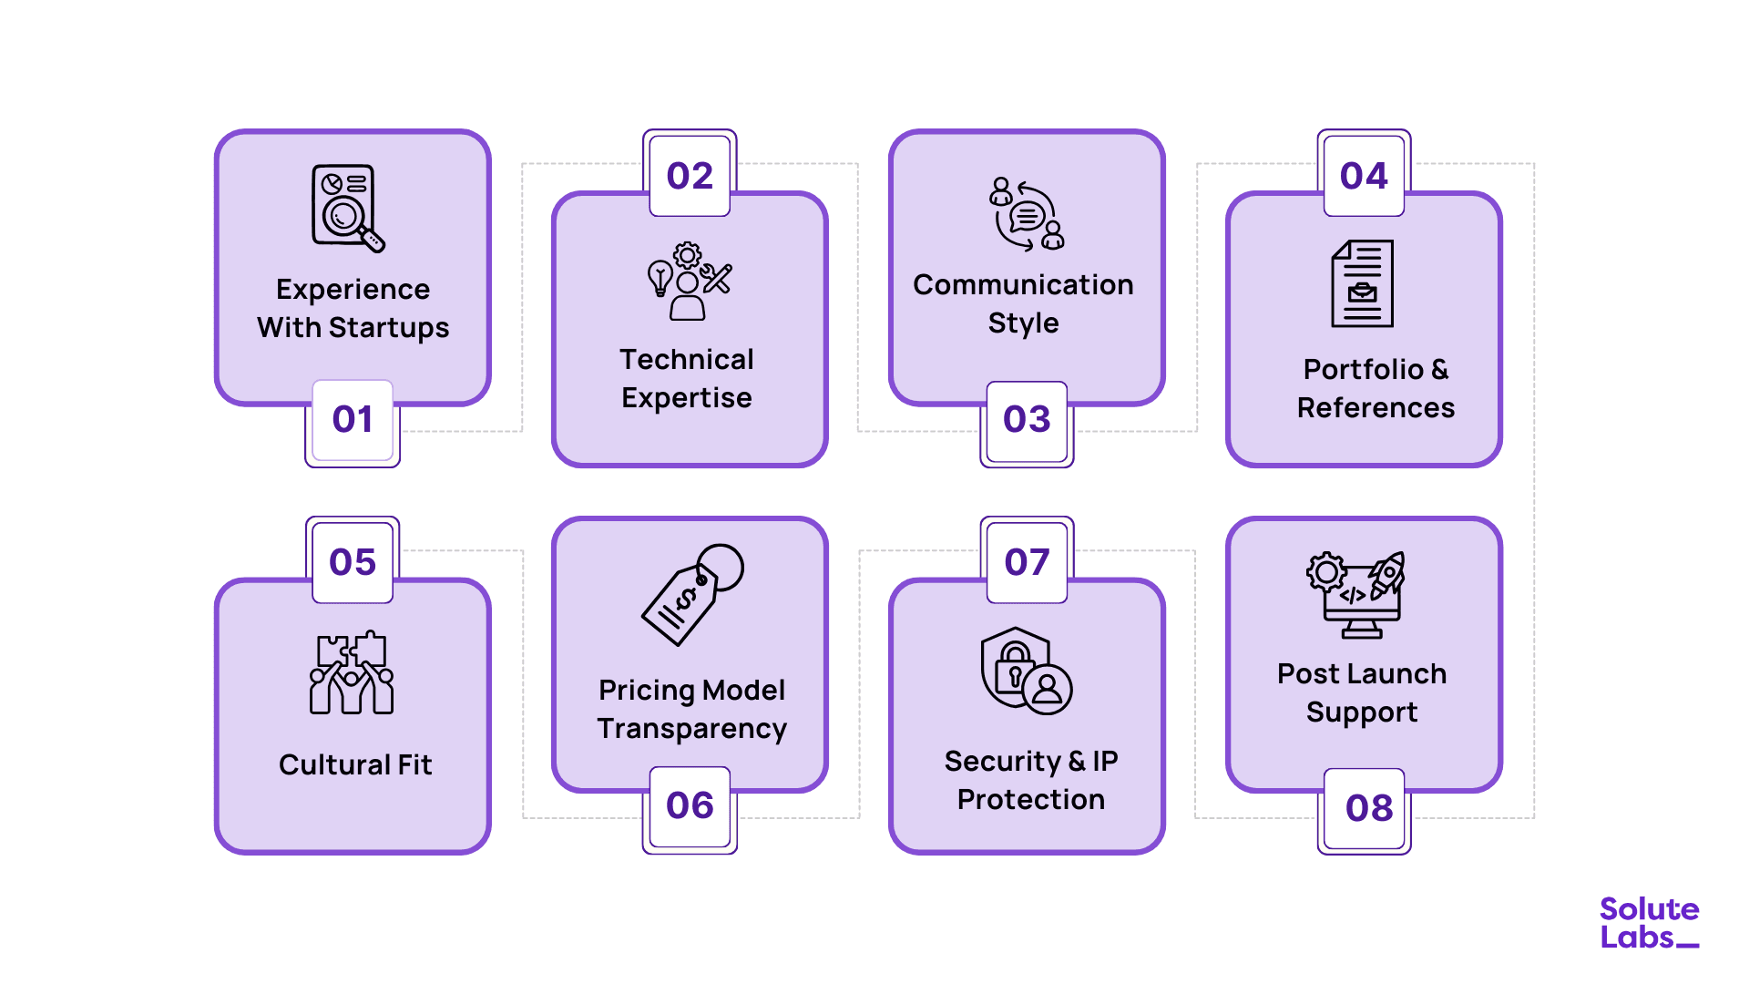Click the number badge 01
point(353,420)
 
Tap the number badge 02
point(690,176)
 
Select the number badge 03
point(1027,420)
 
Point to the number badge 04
point(1364,176)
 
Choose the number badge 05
point(353,562)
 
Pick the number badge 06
point(690,806)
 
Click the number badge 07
point(1027,562)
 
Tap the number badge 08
point(1368,808)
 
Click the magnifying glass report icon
point(347,208)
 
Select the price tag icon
point(692,594)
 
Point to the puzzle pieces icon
point(352,672)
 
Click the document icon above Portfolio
point(1362,283)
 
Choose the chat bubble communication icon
point(1027,215)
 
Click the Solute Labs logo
point(1649,923)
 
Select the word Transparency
point(691,729)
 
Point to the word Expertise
point(687,398)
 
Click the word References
point(1376,408)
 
